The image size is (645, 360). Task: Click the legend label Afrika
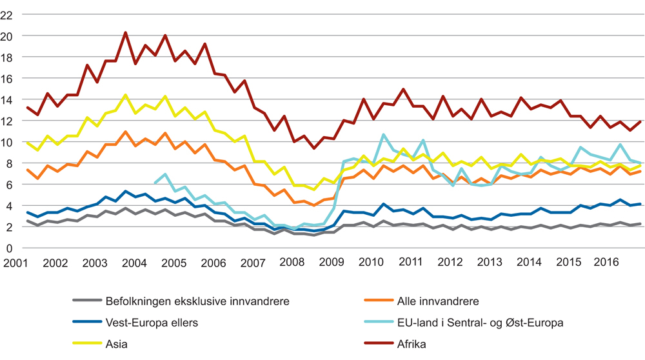tap(413, 345)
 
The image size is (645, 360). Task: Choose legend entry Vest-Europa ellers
tap(152, 323)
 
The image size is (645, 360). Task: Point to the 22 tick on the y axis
tap(8, 15)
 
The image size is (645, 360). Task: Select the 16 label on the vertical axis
tap(8, 78)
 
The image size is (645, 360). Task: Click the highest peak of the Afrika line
tap(125, 32)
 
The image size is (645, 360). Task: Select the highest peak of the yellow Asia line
tap(125, 95)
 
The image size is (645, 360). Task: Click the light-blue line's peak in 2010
tap(383, 134)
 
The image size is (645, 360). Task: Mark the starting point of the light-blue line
tap(155, 183)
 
